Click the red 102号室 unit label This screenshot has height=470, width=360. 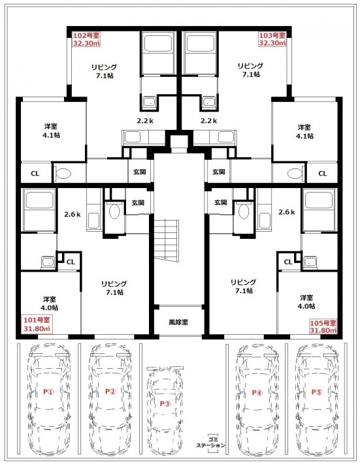pyautogui.click(x=86, y=39)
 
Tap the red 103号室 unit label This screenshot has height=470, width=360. pyautogui.click(x=272, y=39)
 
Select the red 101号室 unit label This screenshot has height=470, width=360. pyautogui.click(x=37, y=324)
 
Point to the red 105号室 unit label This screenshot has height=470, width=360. pyautogui.click(x=323, y=326)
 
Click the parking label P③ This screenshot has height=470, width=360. pyautogui.click(x=165, y=403)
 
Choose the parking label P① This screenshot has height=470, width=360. pyautogui.click(x=48, y=392)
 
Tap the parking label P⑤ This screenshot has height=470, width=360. pyautogui.click(x=316, y=392)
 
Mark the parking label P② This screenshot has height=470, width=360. pyautogui.click(x=110, y=391)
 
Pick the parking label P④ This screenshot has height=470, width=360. pyautogui.click(x=257, y=392)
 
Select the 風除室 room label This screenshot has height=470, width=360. pyautogui.click(x=178, y=322)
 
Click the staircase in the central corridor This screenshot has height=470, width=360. pyautogui.click(x=167, y=240)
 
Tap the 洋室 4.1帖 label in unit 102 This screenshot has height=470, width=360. pyautogui.click(x=52, y=131)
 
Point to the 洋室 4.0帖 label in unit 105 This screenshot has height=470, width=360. pyautogui.click(x=306, y=302)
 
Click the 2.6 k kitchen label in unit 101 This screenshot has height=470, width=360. pyautogui.click(x=73, y=214)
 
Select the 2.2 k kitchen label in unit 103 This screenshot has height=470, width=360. pyautogui.click(x=209, y=121)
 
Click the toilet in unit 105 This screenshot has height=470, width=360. pyautogui.click(x=243, y=211)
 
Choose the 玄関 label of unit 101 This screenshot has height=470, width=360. pyautogui.click(x=138, y=202)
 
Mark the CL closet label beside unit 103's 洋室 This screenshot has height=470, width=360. pyautogui.click(x=323, y=174)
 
